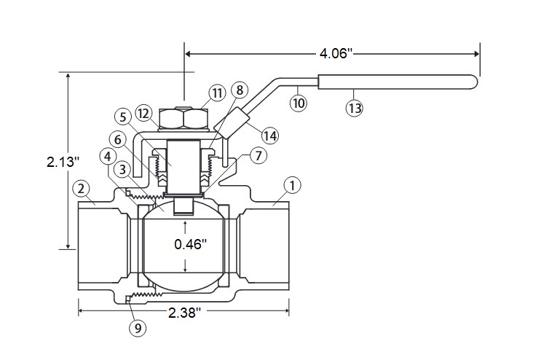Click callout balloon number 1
point(292,186)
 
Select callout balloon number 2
point(82,189)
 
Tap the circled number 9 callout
point(138,329)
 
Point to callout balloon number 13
point(355,108)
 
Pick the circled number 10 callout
point(299,103)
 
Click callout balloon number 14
point(270,136)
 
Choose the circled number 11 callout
point(218,93)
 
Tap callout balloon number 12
point(143,114)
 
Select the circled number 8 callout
point(240,90)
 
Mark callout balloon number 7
point(258,155)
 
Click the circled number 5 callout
point(123,117)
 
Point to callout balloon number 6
point(118,139)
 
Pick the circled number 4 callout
point(108,157)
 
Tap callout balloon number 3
point(123,169)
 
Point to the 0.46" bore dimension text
point(190,244)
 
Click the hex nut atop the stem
point(183,118)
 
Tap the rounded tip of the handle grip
point(475,82)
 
